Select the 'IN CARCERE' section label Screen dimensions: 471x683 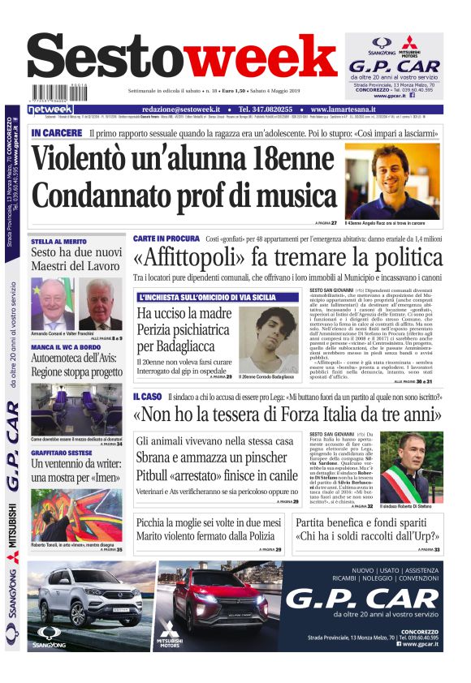tap(56, 132)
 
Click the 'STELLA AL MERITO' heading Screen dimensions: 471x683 tap(58, 241)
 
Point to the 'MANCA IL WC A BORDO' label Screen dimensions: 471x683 tap(65, 347)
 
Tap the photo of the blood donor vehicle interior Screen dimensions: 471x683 tap(76, 410)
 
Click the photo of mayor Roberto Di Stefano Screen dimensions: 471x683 tap(411, 467)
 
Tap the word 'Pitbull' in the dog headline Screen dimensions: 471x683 tap(157, 475)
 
